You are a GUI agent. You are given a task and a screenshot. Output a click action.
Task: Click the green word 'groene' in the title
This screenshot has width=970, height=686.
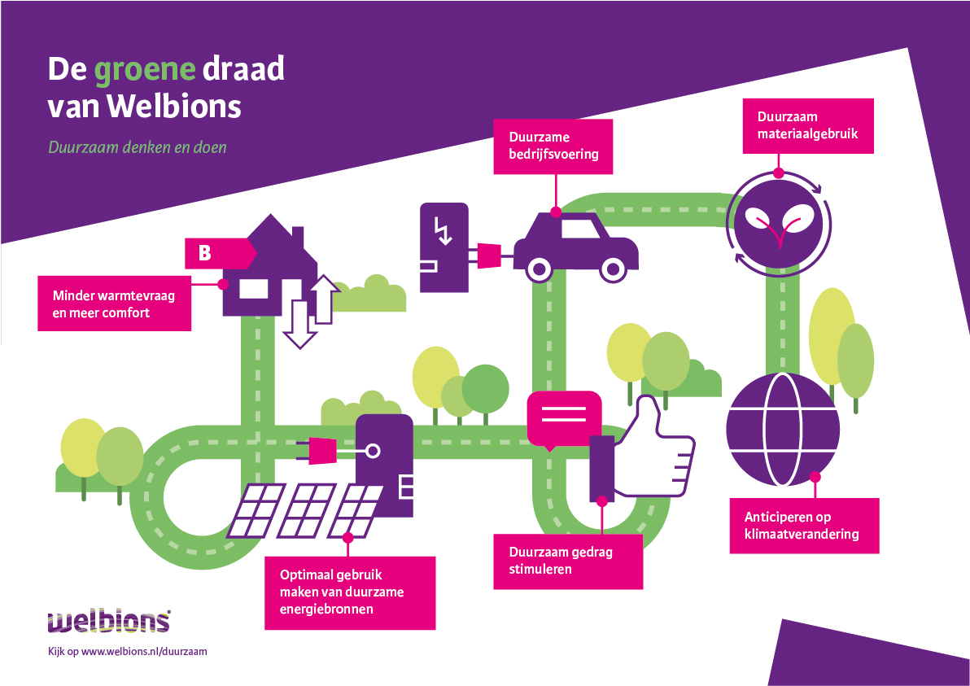[145, 70]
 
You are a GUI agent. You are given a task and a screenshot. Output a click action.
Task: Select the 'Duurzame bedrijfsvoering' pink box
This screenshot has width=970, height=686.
[553, 146]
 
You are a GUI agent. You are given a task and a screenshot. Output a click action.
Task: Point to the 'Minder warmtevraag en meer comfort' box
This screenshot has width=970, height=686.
[114, 304]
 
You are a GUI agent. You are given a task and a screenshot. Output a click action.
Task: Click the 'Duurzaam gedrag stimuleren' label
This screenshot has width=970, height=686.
[568, 561]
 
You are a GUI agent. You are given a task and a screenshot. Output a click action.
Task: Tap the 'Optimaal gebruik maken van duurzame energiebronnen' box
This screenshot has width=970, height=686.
[349, 592]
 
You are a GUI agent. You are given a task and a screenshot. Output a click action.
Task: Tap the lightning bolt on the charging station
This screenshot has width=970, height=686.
[443, 231]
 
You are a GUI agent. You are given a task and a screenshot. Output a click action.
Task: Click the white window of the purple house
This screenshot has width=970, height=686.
[252, 290]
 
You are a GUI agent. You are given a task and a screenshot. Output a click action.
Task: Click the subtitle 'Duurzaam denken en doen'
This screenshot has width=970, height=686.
[137, 148]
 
